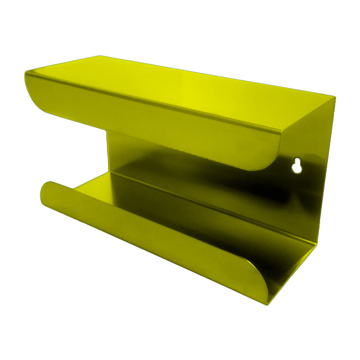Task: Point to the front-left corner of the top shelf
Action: [x=25, y=73]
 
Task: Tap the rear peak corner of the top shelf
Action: [x=100, y=55]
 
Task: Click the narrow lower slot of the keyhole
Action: [x=297, y=170]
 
